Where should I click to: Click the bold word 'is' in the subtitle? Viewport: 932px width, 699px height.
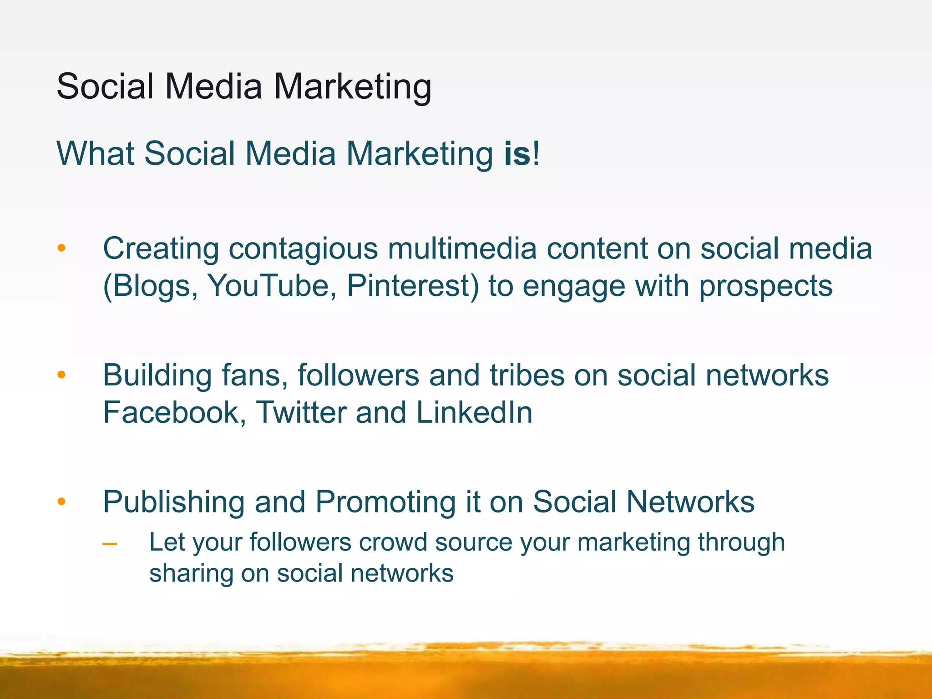tap(517, 154)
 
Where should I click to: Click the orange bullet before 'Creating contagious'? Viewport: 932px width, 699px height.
tap(61, 248)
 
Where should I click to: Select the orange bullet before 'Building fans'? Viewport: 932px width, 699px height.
tap(61, 375)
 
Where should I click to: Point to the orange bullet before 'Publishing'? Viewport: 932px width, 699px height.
tap(61, 501)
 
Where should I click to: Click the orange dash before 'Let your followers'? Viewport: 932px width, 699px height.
tap(110, 543)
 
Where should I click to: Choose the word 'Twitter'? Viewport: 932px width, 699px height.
tap(301, 413)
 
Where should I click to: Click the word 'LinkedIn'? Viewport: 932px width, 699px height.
tap(474, 413)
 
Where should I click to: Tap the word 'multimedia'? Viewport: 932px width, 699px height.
tap(462, 248)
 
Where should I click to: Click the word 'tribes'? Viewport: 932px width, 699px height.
tap(527, 375)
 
